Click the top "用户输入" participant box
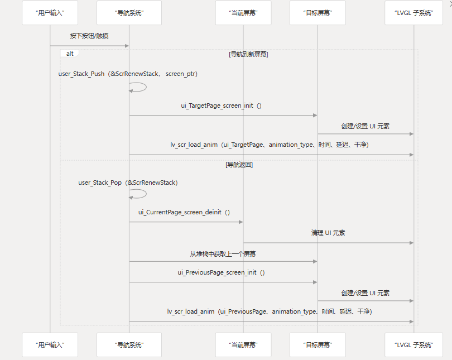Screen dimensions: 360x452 [x=50, y=13]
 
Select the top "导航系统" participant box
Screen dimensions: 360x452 [x=129, y=13]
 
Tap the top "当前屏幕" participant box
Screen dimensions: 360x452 [x=243, y=13]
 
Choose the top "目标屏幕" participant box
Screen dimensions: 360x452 [x=318, y=13]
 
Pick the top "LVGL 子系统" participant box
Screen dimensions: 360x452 [x=413, y=13]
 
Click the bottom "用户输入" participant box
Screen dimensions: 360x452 [x=50, y=345]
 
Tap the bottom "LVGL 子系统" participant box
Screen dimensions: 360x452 [x=413, y=345]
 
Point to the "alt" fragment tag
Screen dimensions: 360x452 [x=70, y=54]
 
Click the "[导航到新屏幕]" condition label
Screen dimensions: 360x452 [x=248, y=54]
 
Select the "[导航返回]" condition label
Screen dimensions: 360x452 [x=239, y=165]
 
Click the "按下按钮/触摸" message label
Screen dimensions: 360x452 [x=89, y=36]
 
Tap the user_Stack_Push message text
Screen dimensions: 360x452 [x=128, y=74]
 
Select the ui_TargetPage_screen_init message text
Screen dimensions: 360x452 [x=221, y=105]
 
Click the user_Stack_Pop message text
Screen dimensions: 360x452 [x=128, y=183]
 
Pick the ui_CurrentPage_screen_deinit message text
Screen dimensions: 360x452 [x=184, y=212]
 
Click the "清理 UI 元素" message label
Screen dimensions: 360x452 [x=328, y=233]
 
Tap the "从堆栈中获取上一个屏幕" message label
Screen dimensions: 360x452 [x=223, y=253]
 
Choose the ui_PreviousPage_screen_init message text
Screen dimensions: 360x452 [x=221, y=272]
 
